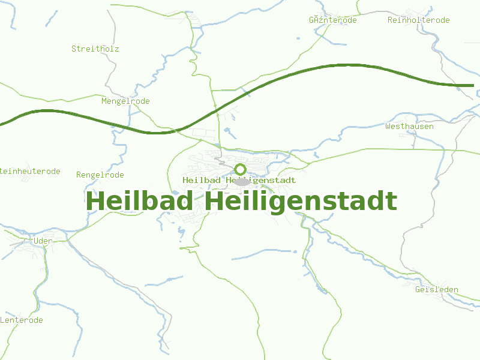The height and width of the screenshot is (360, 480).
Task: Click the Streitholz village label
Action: (95, 49)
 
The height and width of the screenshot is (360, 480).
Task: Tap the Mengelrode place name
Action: (125, 101)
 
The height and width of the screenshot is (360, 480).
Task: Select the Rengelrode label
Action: (100, 175)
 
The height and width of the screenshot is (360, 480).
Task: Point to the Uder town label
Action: (43, 241)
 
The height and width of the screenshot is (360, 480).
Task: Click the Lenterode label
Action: (22, 320)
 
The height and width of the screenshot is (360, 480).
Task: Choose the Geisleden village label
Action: (436, 290)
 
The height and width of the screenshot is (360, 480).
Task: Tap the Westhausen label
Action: (409, 127)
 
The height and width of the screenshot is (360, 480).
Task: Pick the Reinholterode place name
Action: (418, 20)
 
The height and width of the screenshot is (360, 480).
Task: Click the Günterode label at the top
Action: (332, 20)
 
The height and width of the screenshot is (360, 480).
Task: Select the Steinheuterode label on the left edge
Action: (30, 172)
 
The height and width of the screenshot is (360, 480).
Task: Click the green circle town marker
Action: (241, 169)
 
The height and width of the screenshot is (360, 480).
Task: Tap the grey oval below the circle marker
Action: (241, 181)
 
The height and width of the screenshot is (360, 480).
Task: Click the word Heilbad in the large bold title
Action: (142, 201)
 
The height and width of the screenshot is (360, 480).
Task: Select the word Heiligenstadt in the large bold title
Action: (301, 201)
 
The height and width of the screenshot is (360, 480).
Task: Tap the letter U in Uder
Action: (37, 241)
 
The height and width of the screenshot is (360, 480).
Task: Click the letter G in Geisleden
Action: (418, 290)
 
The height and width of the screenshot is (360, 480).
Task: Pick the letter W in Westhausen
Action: (388, 127)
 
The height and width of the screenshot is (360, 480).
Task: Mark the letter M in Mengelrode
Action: (104, 101)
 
